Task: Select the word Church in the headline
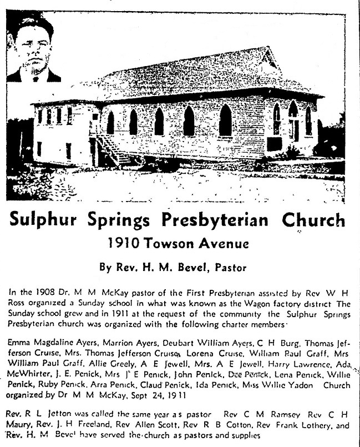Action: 313,221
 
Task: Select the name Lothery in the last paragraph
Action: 314,426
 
